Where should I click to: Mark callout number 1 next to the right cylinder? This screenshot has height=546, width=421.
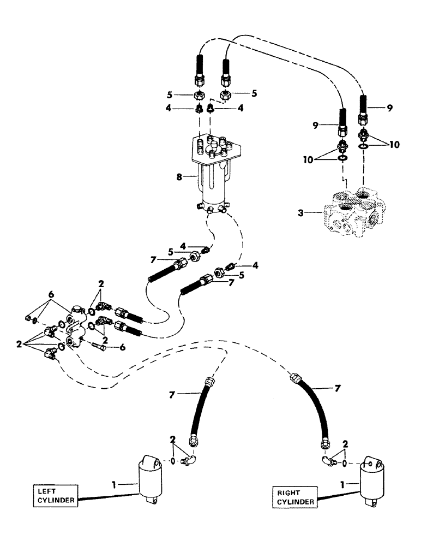coord(341,483)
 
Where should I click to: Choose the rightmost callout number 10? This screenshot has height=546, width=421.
coord(394,145)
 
